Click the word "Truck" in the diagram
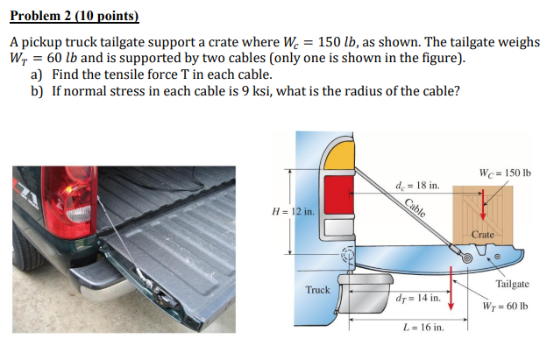click(x=317, y=289)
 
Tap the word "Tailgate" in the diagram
click(x=512, y=284)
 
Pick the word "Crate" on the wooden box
click(x=483, y=235)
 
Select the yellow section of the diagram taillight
click(x=337, y=159)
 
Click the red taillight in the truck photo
click(x=64, y=194)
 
